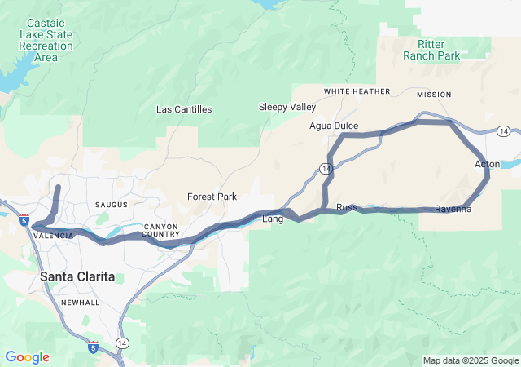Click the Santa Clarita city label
77,276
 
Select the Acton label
487,165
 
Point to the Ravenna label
453,209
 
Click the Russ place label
347,207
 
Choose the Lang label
272,219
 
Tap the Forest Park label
212,197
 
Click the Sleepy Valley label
287,107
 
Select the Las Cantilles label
184,109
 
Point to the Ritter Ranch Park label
431,49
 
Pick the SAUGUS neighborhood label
111,205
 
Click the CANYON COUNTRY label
160,230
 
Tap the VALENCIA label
54,236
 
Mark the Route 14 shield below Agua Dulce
325,168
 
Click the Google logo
27,357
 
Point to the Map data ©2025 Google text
470,360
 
